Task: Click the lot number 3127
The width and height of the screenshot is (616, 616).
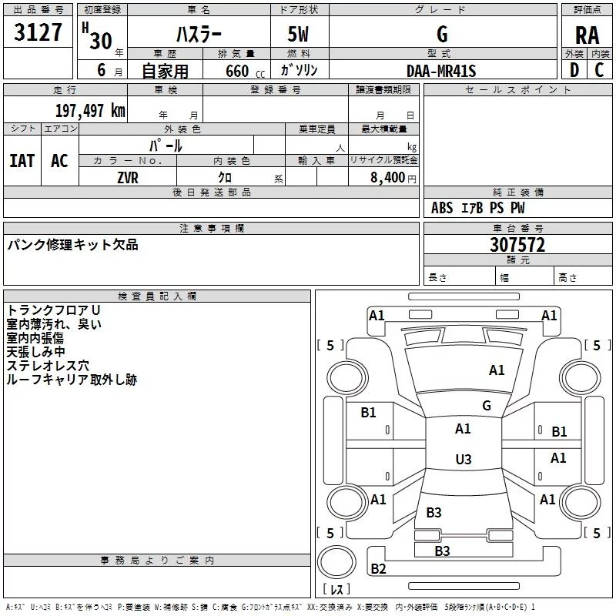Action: click(x=38, y=32)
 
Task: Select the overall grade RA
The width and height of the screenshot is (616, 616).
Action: click(x=587, y=35)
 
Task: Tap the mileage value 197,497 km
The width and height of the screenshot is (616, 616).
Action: click(x=90, y=111)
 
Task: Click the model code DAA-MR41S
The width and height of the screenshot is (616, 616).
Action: click(x=441, y=71)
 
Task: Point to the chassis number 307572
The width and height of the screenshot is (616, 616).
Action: click(x=517, y=245)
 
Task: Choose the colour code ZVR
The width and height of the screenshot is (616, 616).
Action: click(x=128, y=178)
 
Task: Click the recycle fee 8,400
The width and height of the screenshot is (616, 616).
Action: click(x=387, y=178)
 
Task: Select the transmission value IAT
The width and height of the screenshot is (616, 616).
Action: click(x=22, y=161)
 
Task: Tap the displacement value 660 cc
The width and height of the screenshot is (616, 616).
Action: click(x=245, y=71)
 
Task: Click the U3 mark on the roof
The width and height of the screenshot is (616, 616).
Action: click(x=464, y=459)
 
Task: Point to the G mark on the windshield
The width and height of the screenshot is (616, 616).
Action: click(x=487, y=405)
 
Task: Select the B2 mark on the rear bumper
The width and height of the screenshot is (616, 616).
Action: click(x=378, y=568)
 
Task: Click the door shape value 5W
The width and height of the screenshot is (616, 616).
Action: click(x=298, y=34)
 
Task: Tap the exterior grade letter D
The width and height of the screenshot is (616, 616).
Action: click(x=574, y=70)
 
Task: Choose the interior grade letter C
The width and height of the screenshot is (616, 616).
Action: click(x=599, y=70)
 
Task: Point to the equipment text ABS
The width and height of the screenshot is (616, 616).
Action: click(x=442, y=208)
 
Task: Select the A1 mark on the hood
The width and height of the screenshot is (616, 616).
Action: click(x=497, y=370)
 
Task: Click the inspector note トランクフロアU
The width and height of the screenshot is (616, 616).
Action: click(x=53, y=310)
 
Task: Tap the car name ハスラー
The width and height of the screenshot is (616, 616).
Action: click(x=199, y=35)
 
